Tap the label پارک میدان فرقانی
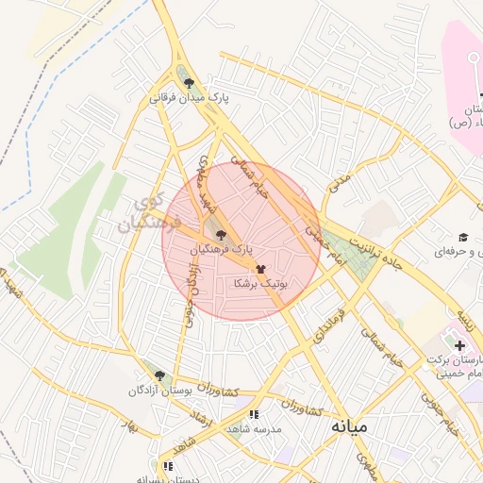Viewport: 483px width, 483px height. (188, 97)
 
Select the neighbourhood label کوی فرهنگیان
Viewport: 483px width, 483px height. (142, 213)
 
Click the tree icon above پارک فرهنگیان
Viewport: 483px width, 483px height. (221, 235)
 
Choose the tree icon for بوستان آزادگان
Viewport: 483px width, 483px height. (158, 375)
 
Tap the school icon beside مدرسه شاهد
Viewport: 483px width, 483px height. (253, 413)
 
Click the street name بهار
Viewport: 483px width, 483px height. (132, 425)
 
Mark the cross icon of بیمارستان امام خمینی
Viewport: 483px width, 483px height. (459, 346)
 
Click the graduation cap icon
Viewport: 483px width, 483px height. (463, 237)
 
